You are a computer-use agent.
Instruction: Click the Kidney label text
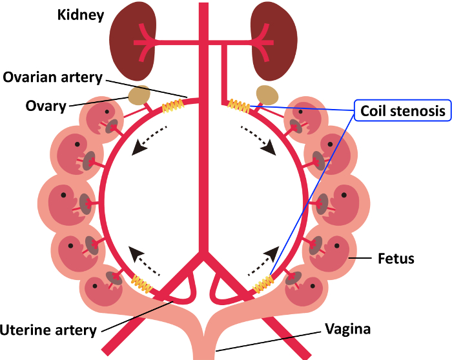coord(80,14)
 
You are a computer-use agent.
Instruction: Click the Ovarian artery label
coord(52,77)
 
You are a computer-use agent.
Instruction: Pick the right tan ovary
coord(267,95)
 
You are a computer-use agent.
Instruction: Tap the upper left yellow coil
coord(172,106)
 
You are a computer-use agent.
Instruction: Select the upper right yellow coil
coord(239,105)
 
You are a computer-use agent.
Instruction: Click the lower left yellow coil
coord(142,282)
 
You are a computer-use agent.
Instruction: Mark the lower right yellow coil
coord(263,283)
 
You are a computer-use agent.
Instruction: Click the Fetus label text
coord(396,259)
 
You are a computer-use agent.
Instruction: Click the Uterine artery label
coord(48,330)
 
